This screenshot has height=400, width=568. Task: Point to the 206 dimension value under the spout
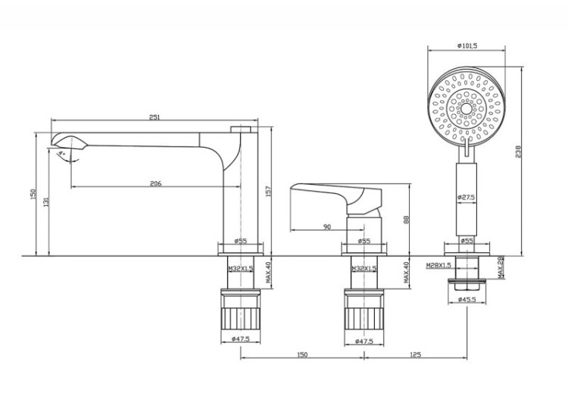click(156, 184)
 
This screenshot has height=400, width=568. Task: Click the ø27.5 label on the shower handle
click(466, 198)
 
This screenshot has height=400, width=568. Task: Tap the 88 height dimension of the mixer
click(407, 220)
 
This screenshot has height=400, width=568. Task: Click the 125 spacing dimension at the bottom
click(415, 354)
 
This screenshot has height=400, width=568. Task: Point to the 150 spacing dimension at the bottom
click(302, 354)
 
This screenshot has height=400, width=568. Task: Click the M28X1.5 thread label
click(438, 266)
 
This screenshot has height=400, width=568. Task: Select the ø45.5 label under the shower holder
click(466, 300)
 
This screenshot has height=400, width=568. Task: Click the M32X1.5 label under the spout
click(241, 269)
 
